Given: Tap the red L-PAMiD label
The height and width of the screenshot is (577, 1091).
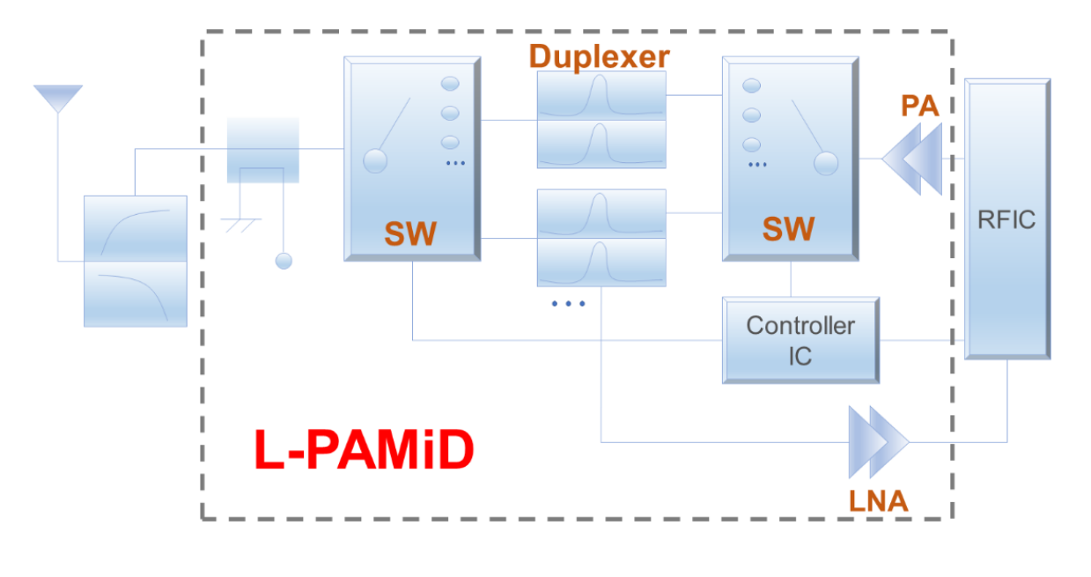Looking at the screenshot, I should [x=364, y=451].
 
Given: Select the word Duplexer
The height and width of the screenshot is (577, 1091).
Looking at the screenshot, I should [x=599, y=56].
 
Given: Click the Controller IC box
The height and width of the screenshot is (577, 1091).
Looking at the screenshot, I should [x=800, y=340].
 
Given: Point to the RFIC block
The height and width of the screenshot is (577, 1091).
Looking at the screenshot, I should [x=1007, y=218].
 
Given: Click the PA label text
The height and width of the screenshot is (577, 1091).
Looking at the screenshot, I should [x=919, y=107].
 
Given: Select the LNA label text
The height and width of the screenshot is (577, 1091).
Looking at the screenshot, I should [x=878, y=501].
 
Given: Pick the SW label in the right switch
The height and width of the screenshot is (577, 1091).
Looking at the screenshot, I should [x=788, y=229].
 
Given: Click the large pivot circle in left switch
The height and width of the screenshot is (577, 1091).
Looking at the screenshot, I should [x=375, y=161].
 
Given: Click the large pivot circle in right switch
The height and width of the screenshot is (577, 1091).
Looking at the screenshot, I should [x=825, y=163].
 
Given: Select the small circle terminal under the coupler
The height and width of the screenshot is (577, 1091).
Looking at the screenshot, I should [x=284, y=261].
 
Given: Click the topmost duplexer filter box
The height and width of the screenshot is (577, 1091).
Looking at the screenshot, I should [x=601, y=95].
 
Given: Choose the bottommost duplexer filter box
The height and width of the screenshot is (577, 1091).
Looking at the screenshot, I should [x=601, y=263].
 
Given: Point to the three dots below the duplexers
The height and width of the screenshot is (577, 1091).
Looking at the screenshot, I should [x=568, y=304].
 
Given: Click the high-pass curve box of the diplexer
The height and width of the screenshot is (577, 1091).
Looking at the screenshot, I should [x=136, y=228].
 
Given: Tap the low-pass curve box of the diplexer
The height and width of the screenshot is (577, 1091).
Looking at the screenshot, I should [x=136, y=293].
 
